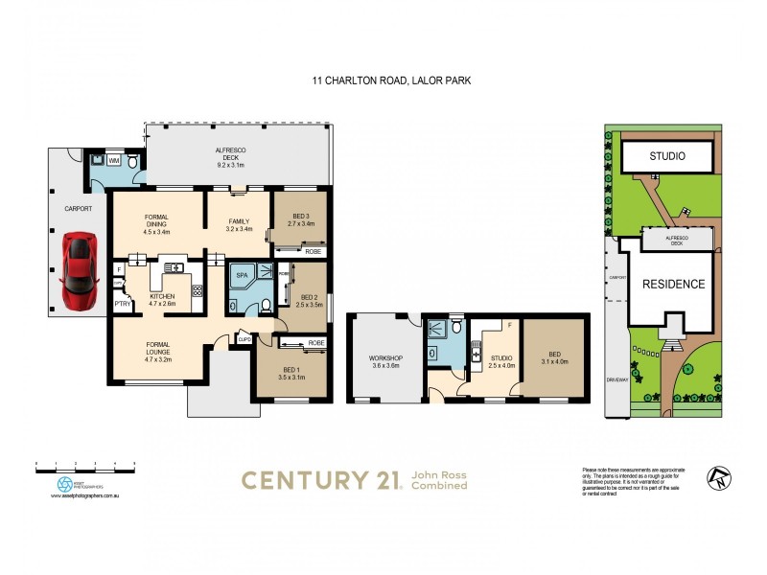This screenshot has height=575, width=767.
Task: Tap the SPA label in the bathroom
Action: [242, 274]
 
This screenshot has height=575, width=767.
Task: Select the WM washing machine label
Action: [113, 161]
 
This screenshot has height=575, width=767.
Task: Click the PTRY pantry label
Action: [123, 305]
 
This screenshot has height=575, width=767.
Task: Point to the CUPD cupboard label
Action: [244, 338]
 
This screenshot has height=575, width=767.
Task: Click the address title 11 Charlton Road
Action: [383, 83]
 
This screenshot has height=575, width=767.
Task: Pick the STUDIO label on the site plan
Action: [668, 155]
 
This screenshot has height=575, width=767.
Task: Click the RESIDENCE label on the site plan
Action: [673, 284]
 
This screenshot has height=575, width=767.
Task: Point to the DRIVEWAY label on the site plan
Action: [615, 380]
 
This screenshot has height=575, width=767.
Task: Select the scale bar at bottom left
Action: [84, 464]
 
